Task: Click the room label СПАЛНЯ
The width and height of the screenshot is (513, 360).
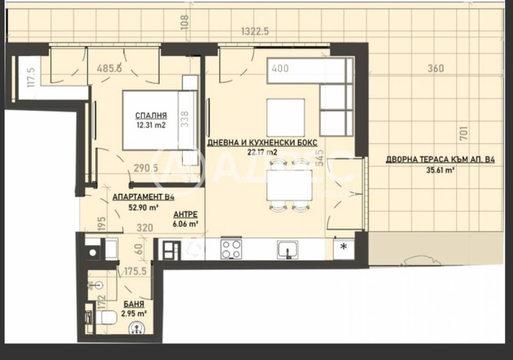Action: tap(147, 116)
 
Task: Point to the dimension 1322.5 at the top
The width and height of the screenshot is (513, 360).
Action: tap(254, 30)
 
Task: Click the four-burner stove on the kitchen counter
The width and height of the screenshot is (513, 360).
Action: tap(231, 249)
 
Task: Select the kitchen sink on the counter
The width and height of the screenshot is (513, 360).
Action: tap(287, 249)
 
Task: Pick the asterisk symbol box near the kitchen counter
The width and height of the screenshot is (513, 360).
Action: tap(344, 248)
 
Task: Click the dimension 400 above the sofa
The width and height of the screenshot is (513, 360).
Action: tap(280, 67)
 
